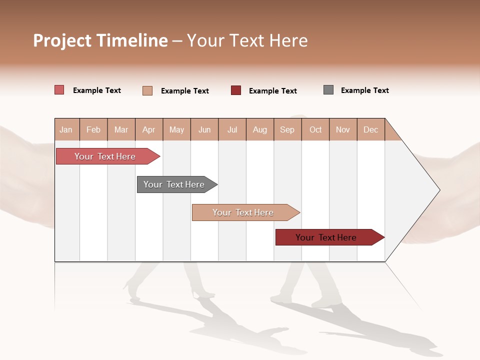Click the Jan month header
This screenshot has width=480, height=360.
pyautogui.click(x=66, y=130)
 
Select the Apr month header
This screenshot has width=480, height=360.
pyautogui.click(x=148, y=130)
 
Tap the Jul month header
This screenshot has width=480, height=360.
pyautogui.click(x=232, y=130)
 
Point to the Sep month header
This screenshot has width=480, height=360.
pyautogui.click(x=287, y=130)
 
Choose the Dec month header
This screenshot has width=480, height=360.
pyautogui.click(x=370, y=130)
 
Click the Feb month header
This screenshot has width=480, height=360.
pyautogui.click(x=93, y=130)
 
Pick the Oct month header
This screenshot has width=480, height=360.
pyautogui.click(x=315, y=130)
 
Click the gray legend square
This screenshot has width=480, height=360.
pyautogui.click(x=328, y=90)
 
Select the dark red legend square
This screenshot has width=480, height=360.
pyautogui.click(x=236, y=90)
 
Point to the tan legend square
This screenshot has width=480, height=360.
pyautogui.click(x=147, y=90)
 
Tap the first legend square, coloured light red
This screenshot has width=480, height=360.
pyautogui.click(x=59, y=90)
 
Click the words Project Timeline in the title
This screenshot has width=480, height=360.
pyautogui.click(x=100, y=40)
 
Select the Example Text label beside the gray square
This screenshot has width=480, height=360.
pyautogui.click(x=364, y=90)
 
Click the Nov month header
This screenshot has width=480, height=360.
pyautogui.click(x=343, y=130)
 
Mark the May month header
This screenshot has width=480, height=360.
pyautogui.click(x=176, y=130)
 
